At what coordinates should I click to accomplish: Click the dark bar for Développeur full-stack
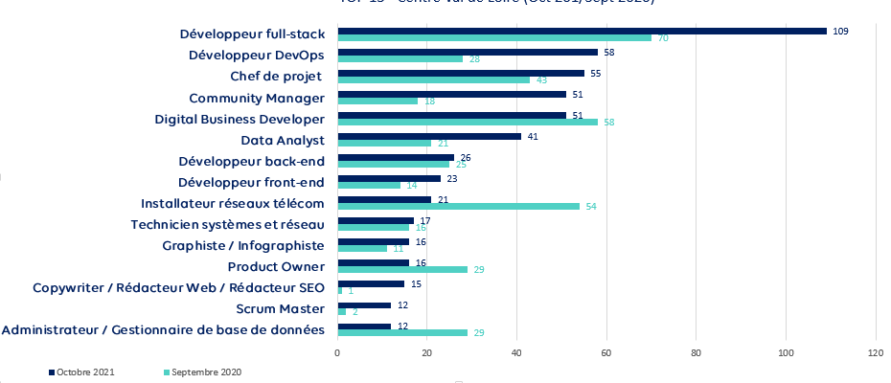click(582, 31)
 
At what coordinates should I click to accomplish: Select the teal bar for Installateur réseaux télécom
click(458, 206)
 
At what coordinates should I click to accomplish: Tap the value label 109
click(841, 31)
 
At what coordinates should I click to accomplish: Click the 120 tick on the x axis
click(875, 352)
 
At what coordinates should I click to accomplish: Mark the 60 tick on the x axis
click(606, 352)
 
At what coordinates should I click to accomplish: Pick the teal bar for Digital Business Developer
click(468, 122)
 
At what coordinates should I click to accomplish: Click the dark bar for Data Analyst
click(429, 136)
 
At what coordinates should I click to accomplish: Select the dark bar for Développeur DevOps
click(468, 52)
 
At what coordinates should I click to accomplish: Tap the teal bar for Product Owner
click(402, 269)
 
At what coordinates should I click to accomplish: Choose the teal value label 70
click(662, 38)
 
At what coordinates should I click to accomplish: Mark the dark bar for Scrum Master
click(364, 304)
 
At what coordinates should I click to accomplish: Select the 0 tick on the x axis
click(337, 352)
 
